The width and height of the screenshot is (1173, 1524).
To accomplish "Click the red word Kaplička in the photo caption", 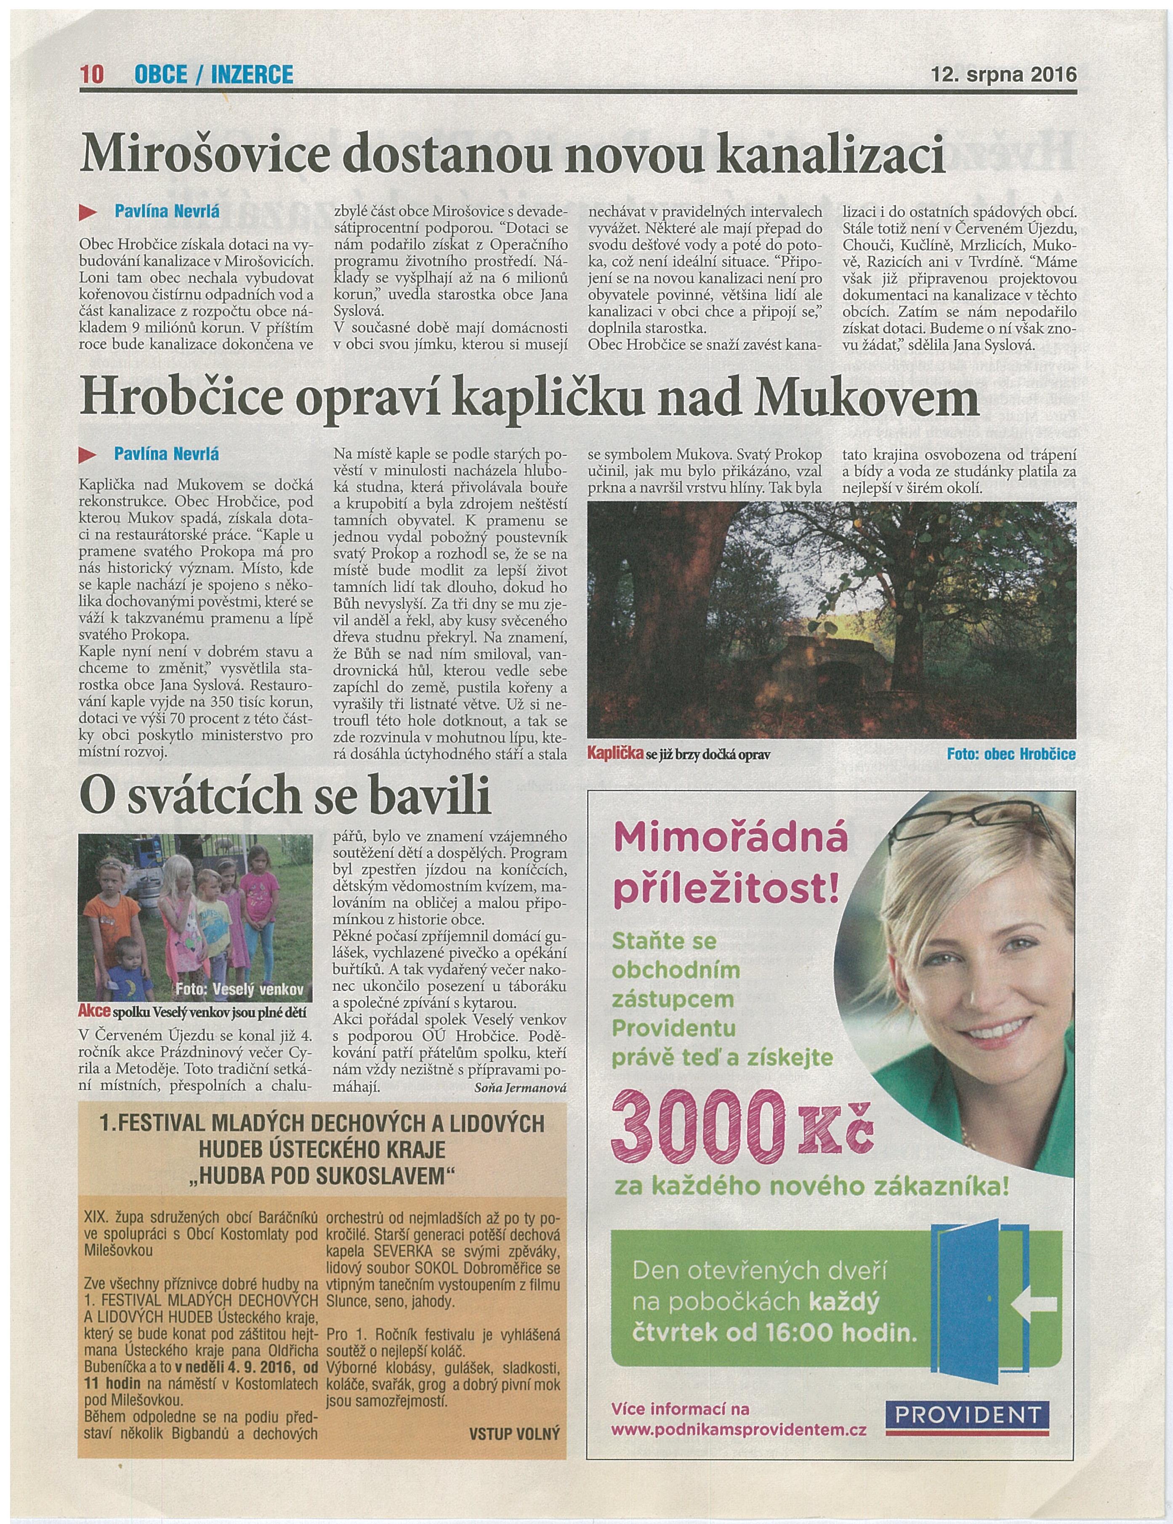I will coord(615,754).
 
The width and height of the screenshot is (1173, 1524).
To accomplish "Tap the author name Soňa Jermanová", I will coord(519,1088).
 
